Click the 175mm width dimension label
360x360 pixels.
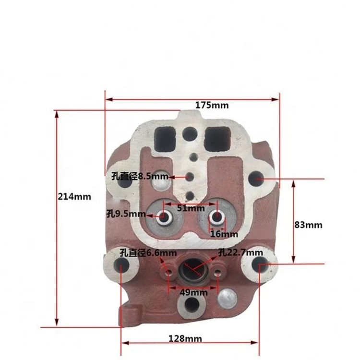212,105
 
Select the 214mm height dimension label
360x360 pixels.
74,196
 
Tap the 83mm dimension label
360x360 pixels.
308,225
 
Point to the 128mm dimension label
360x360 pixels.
185,339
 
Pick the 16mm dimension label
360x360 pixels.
224,234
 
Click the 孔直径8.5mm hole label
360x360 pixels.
137,177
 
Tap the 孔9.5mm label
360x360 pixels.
125,213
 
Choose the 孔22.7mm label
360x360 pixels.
240,252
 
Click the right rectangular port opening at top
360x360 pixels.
217,139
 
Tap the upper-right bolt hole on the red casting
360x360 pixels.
257,178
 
